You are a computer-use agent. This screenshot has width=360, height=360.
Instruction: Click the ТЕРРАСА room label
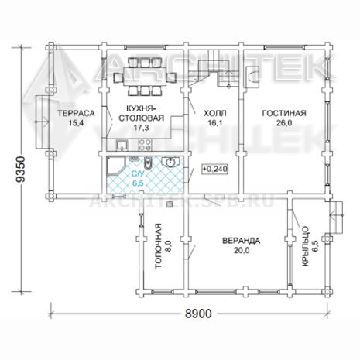pos(76,113)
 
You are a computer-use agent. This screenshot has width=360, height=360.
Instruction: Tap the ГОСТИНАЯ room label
pos(284,113)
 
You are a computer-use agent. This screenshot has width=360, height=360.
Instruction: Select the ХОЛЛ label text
pos(215,113)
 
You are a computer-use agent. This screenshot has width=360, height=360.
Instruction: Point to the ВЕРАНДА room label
pos(242,241)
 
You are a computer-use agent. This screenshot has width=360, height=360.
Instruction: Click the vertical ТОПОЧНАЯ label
pos(158,245)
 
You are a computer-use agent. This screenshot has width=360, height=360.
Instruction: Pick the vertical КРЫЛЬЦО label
pos(305,246)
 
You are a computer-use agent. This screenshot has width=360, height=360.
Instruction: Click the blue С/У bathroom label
pos(138,174)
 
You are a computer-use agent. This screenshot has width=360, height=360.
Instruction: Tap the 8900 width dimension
pos(198,314)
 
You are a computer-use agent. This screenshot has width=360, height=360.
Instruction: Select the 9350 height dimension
pos(21,170)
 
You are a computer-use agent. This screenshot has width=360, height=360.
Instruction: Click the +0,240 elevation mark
pos(214,169)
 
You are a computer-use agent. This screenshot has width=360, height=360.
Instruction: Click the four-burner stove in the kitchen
pos(145,145)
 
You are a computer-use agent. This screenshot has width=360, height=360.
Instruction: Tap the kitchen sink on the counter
pos(122,145)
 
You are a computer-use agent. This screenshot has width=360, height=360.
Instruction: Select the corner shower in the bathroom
pos(115,166)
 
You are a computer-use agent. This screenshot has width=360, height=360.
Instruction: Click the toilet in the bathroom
pos(147,163)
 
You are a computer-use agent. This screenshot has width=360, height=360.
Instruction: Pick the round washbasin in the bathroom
pos(170,163)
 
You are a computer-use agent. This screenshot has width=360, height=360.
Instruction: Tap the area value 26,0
pos(284,123)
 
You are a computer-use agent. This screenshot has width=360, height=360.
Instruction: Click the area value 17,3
pos(141,128)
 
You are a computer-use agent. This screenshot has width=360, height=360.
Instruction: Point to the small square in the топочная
pos(170,204)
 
